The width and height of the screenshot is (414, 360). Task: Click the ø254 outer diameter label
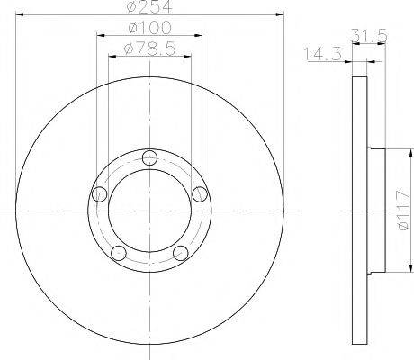pyautogui.click(x=149, y=8)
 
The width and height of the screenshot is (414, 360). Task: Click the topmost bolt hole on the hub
pyautogui.click(x=149, y=157)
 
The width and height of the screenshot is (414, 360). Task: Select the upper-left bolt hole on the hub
pyautogui.click(x=101, y=193)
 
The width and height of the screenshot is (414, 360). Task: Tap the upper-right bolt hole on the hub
pyautogui.click(x=199, y=193)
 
